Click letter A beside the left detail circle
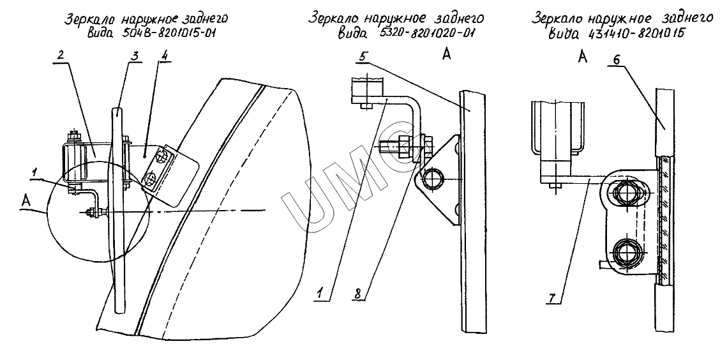click(x=26, y=200)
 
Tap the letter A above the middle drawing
click(x=446, y=55)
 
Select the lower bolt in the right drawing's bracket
click(x=625, y=251)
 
